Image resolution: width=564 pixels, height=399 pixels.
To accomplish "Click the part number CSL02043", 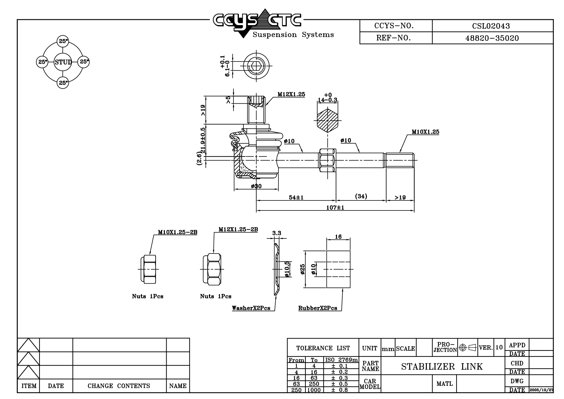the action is click(491, 26).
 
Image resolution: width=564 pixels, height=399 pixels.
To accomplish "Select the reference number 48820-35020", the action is click(492, 38).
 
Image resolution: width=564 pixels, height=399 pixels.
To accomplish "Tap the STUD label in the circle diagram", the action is click(63, 62).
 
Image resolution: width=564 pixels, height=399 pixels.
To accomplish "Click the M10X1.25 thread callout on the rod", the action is click(425, 132).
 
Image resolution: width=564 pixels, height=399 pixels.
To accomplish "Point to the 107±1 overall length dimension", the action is click(335, 208).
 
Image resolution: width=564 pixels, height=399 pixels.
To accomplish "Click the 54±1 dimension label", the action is click(296, 197).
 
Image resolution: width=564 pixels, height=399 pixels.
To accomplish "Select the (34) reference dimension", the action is click(361, 196).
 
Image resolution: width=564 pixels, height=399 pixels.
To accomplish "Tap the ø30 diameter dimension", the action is click(256, 186).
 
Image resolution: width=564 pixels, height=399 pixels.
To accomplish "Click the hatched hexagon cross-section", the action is click(328, 121).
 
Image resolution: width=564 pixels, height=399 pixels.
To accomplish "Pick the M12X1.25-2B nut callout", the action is click(238, 229).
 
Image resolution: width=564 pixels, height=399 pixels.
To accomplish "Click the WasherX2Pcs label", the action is click(251, 308).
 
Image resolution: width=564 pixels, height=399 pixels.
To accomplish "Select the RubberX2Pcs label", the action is click(318, 308).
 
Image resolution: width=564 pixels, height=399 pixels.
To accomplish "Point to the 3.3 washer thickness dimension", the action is click(277, 233).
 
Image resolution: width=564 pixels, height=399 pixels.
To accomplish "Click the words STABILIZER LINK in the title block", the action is click(442, 367).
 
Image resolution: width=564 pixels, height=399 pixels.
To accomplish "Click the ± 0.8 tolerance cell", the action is click(340, 390).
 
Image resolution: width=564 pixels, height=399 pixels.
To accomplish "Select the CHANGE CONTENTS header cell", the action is click(119, 386).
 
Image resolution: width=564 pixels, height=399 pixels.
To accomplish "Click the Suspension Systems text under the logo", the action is click(293, 35).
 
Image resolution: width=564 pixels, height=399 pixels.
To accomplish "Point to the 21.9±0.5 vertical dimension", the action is click(203, 140).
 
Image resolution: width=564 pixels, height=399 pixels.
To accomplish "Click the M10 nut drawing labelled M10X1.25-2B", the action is click(148, 269).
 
